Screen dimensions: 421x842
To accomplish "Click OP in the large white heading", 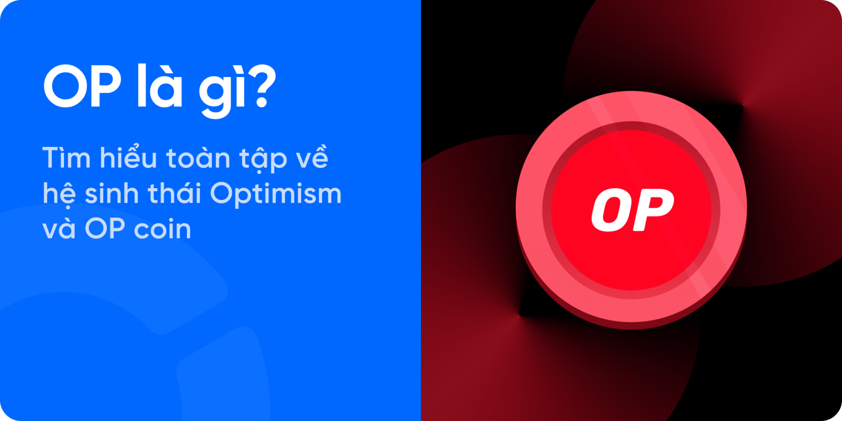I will tap(82, 87).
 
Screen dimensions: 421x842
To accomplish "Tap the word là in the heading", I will tap(160, 87).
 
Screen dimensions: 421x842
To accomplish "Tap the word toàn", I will tap(198, 159).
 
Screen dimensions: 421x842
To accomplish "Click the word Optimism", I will tap(275, 194).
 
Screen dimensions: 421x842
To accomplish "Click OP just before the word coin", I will tap(105, 229).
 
